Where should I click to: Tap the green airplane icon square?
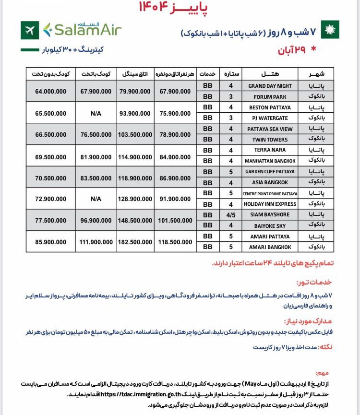click(30, 30)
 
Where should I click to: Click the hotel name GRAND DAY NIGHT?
click(270, 86)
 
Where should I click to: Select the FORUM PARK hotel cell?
click(270, 96)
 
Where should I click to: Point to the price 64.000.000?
click(51, 91)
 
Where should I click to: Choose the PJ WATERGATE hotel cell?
click(270, 118)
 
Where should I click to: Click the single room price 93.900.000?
click(135, 113)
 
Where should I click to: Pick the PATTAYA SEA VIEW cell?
click(270, 129)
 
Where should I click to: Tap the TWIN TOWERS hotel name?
click(270, 140)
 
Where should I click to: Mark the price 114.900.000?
click(135, 156)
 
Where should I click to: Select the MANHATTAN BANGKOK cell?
click(270, 161)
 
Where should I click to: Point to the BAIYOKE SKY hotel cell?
click(270, 225)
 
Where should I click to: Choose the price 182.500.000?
click(135, 242)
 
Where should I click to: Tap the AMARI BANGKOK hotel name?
click(270, 247)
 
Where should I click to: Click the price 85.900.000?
click(51, 242)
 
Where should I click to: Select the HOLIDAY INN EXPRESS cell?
click(270, 204)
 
